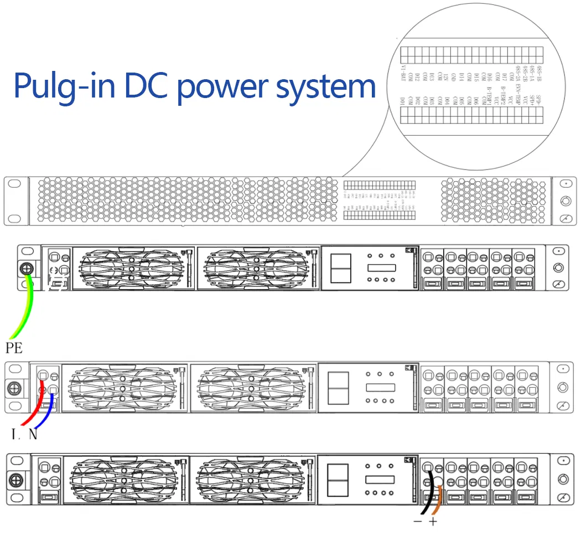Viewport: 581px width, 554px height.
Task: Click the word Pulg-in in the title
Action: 63,86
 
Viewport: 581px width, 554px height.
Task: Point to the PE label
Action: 14,348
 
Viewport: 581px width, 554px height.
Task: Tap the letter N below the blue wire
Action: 33,434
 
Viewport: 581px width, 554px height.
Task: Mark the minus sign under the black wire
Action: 418,522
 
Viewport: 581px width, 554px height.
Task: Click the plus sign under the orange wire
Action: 433,522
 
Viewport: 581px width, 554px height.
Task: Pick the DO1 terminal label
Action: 403,101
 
